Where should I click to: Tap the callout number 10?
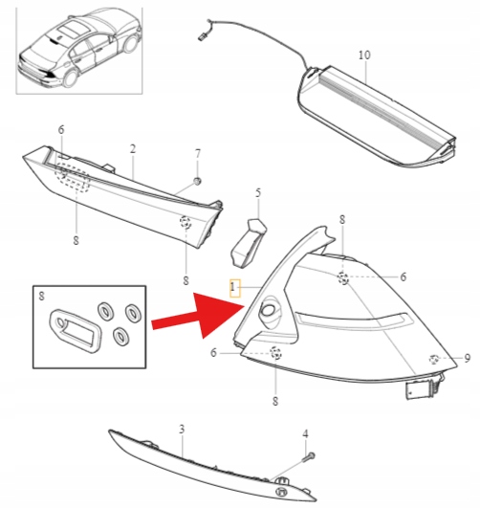[x=364, y=55]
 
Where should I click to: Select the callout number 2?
[x=132, y=149]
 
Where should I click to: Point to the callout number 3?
[x=182, y=430]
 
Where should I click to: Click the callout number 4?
[x=305, y=433]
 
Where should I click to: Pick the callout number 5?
[x=258, y=193]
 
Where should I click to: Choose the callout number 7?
[x=198, y=153]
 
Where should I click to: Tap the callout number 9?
[x=467, y=358]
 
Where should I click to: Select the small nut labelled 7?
[x=197, y=181]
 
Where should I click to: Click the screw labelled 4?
[x=309, y=457]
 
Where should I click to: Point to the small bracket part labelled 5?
[x=249, y=243]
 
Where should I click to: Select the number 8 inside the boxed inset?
[x=41, y=296]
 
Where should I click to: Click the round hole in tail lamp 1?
[x=268, y=310]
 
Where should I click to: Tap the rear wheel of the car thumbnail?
[x=71, y=77]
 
